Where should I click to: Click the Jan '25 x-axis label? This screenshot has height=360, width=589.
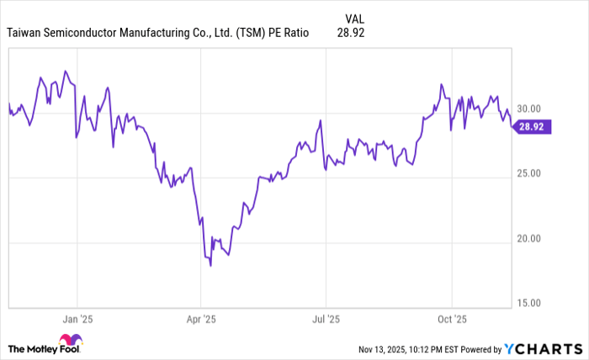(x=77, y=320)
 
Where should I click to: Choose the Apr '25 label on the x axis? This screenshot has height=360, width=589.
(x=200, y=320)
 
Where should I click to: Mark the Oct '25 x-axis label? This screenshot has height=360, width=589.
(x=451, y=320)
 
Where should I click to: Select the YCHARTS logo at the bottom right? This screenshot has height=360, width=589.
(x=542, y=348)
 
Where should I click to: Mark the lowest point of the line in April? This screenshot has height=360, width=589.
(x=210, y=265)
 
